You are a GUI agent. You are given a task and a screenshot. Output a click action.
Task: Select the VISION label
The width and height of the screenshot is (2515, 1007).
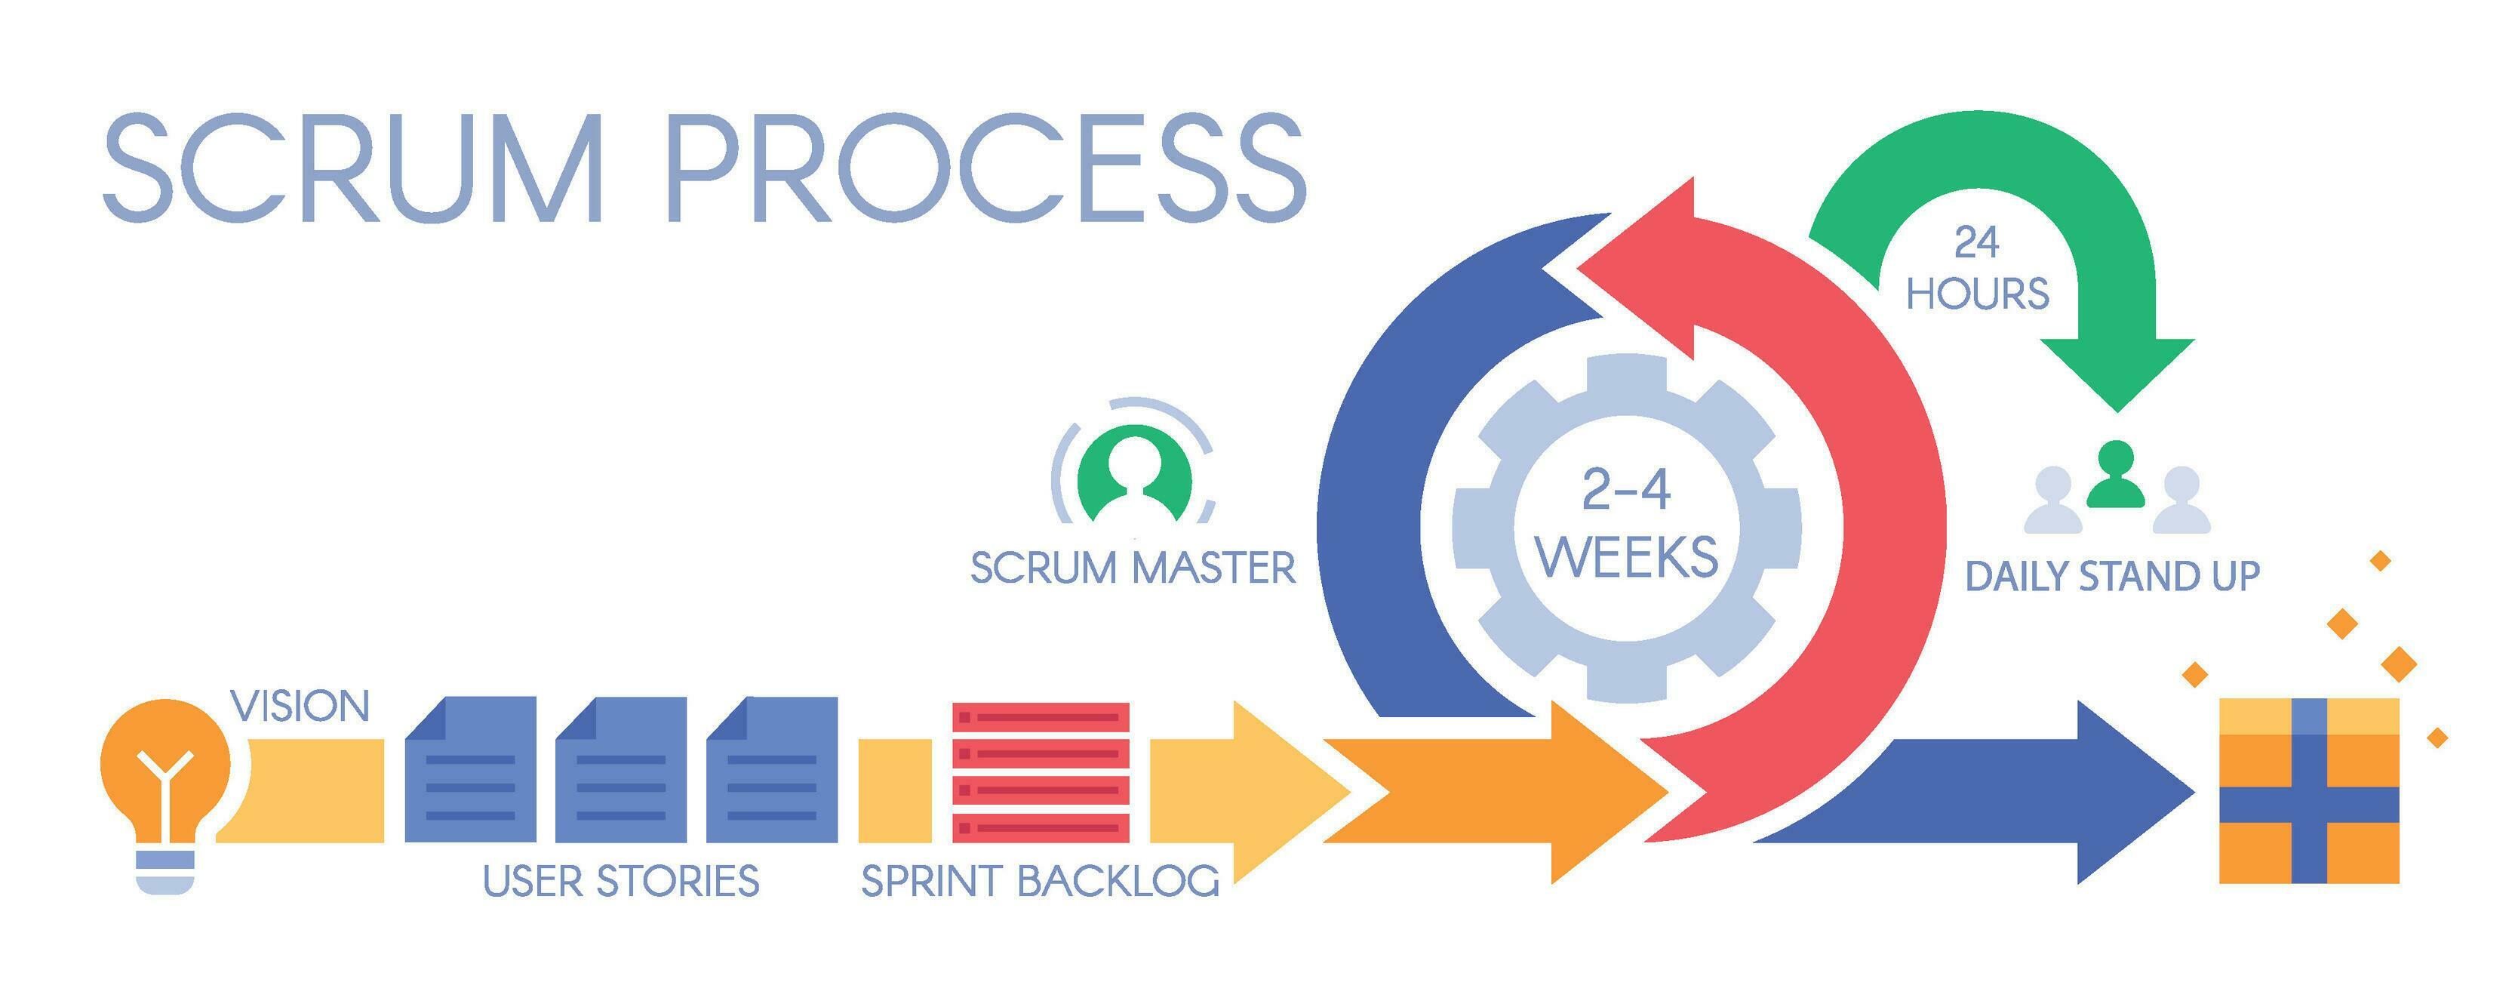[x=300, y=706]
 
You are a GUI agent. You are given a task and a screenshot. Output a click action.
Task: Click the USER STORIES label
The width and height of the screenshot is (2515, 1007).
[x=621, y=881]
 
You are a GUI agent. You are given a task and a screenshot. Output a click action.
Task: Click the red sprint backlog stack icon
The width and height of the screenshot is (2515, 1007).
[x=1041, y=771]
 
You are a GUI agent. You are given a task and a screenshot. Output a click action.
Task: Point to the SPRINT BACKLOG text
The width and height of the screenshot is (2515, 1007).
[x=1040, y=881]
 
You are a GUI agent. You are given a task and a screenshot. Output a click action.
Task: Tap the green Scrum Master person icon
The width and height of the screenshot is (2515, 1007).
[x=1133, y=478]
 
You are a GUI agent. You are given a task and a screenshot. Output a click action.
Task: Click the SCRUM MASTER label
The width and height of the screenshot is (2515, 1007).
[x=1133, y=568]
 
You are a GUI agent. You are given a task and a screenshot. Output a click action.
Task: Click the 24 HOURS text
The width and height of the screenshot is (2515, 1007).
[x=1977, y=269]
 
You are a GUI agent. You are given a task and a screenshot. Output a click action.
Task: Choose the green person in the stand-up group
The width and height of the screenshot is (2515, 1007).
[x=2116, y=475]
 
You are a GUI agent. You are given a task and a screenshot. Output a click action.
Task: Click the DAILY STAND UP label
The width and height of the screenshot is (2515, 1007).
[x=2112, y=576]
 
